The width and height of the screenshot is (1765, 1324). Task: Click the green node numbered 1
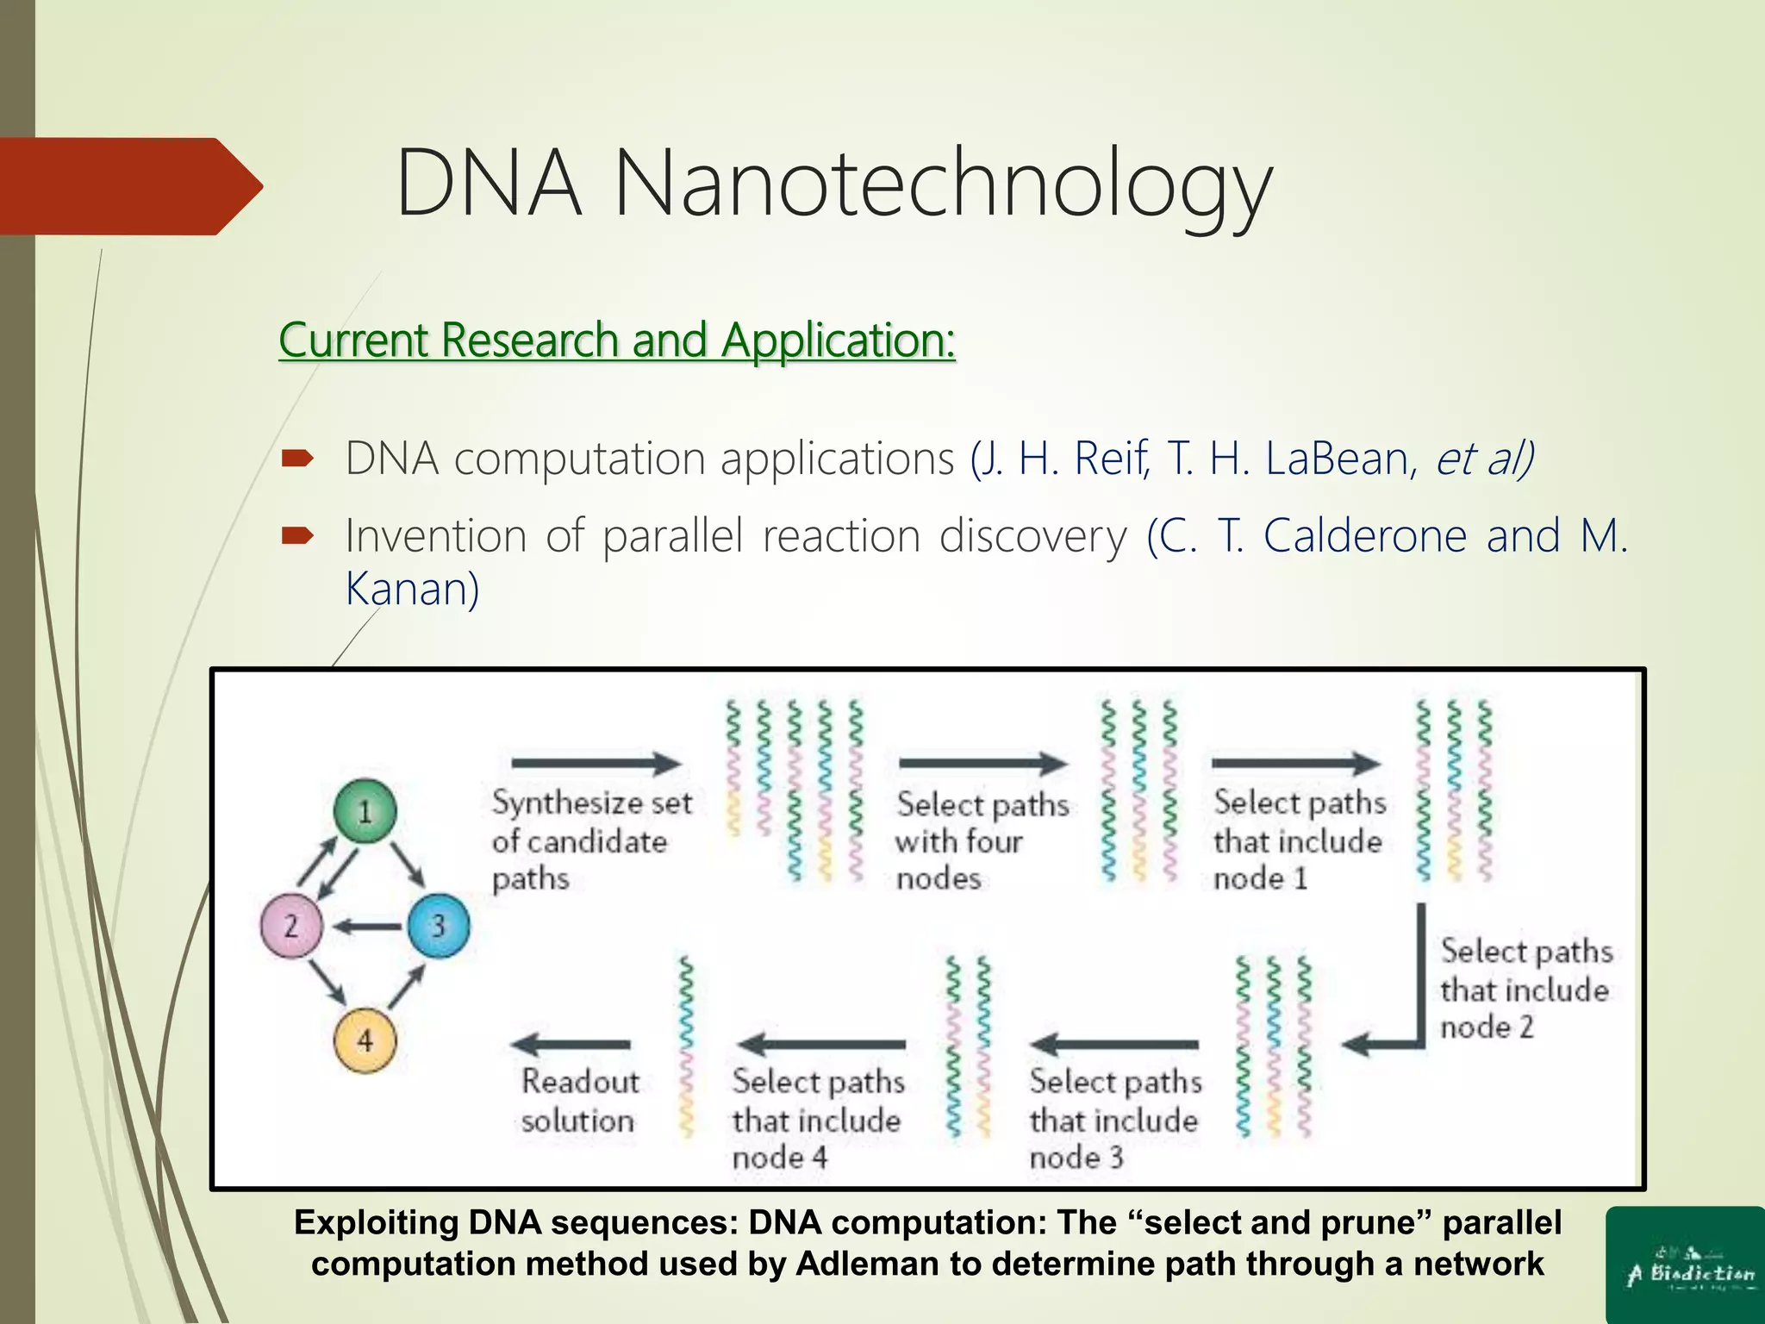[x=365, y=811]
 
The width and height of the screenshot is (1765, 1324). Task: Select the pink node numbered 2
[x=291, y=927]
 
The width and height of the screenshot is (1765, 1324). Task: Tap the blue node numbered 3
[x=438, y=927]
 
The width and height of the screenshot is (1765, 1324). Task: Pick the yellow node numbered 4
[x=365, y=1041]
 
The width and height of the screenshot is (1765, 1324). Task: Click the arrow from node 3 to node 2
[x=368, y=927]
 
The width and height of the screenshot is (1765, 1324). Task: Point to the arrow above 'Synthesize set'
[x=596, y=763]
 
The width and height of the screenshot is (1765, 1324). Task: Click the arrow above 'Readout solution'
[x=571, y=1045]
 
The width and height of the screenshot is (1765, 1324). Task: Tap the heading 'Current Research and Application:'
[x=617, y=340]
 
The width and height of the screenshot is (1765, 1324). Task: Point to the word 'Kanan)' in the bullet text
[x=412, y=590]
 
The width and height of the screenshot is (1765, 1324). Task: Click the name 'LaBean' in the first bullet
[x=1337, y=459]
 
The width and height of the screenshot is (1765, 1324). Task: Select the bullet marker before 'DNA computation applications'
[x=297, y=459]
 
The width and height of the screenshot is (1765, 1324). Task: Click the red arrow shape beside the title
[x=129, y=186]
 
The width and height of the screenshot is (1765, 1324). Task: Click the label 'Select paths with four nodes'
[x=981, y=840]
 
